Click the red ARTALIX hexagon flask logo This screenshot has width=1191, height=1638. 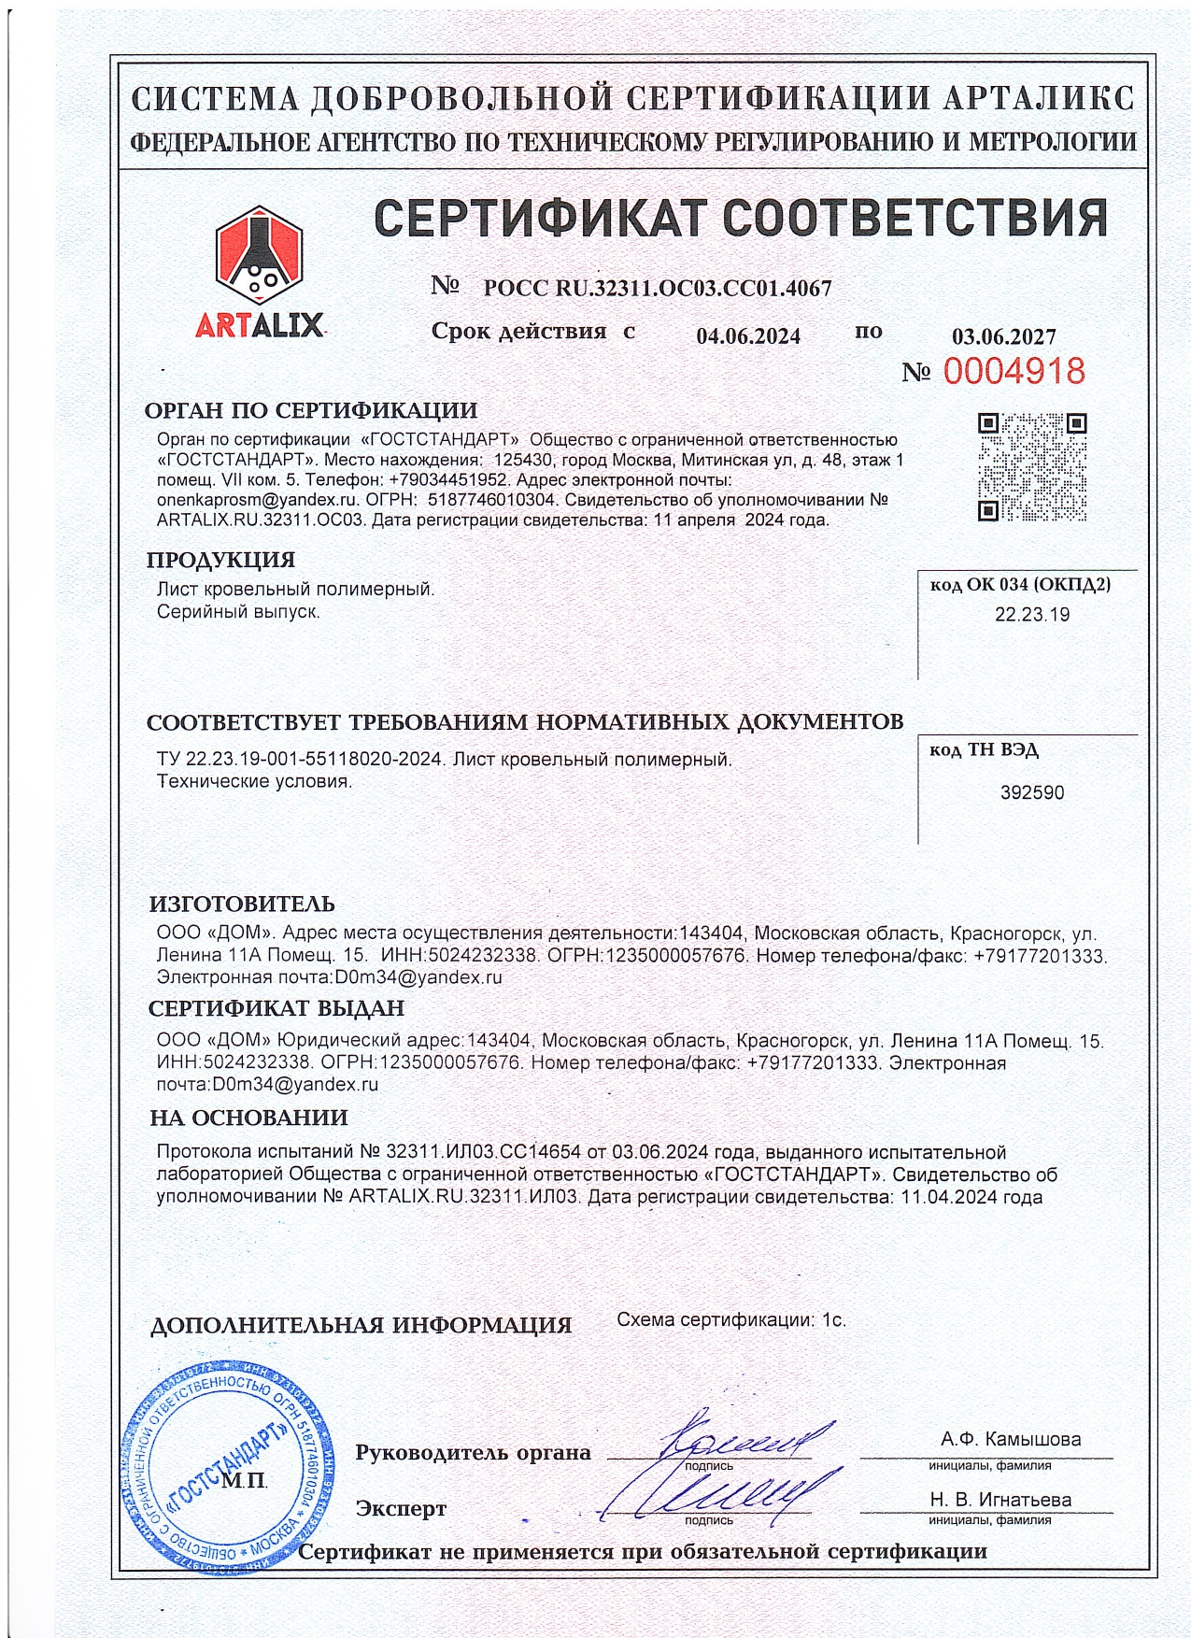coord(259,253)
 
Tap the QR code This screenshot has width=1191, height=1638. coord(1031,466)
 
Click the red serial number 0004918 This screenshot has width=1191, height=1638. coord(1014,372)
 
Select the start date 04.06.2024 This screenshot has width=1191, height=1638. coord(748,336)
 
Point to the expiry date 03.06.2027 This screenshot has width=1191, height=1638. coord(1004,336)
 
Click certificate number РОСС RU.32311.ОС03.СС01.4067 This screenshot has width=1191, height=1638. coord(657,288)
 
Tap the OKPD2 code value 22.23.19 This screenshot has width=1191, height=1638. coord(1032,615)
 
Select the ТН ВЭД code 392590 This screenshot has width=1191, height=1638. coord(1032,792)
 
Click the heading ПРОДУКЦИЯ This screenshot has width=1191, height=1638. coord(220,560)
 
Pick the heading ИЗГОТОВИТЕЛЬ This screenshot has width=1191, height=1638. coord(242,904)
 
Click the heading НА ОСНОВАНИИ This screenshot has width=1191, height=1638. coord(248,1118)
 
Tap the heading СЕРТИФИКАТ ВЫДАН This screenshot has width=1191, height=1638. coord(276,1008)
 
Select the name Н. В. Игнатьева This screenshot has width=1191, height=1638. coord(1000,1500)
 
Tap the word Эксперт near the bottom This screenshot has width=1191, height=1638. coord(401,1509)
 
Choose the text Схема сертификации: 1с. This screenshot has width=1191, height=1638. coord(731,1320)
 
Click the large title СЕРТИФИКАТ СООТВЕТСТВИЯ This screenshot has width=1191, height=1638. coord(741,218)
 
